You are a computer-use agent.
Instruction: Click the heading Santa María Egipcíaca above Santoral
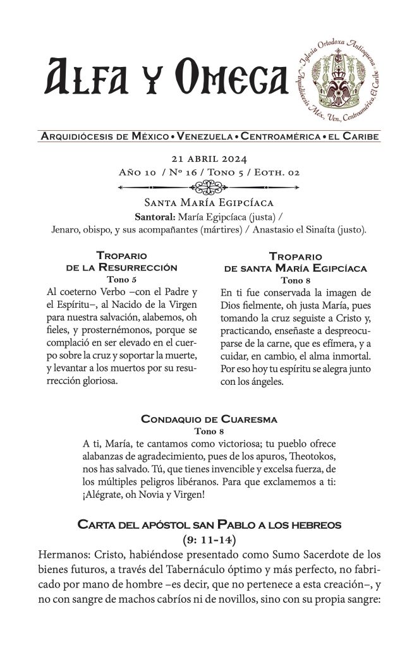coord(209,203)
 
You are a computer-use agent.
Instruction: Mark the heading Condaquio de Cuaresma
coord(209,419)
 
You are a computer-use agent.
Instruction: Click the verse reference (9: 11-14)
coord(209,538)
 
